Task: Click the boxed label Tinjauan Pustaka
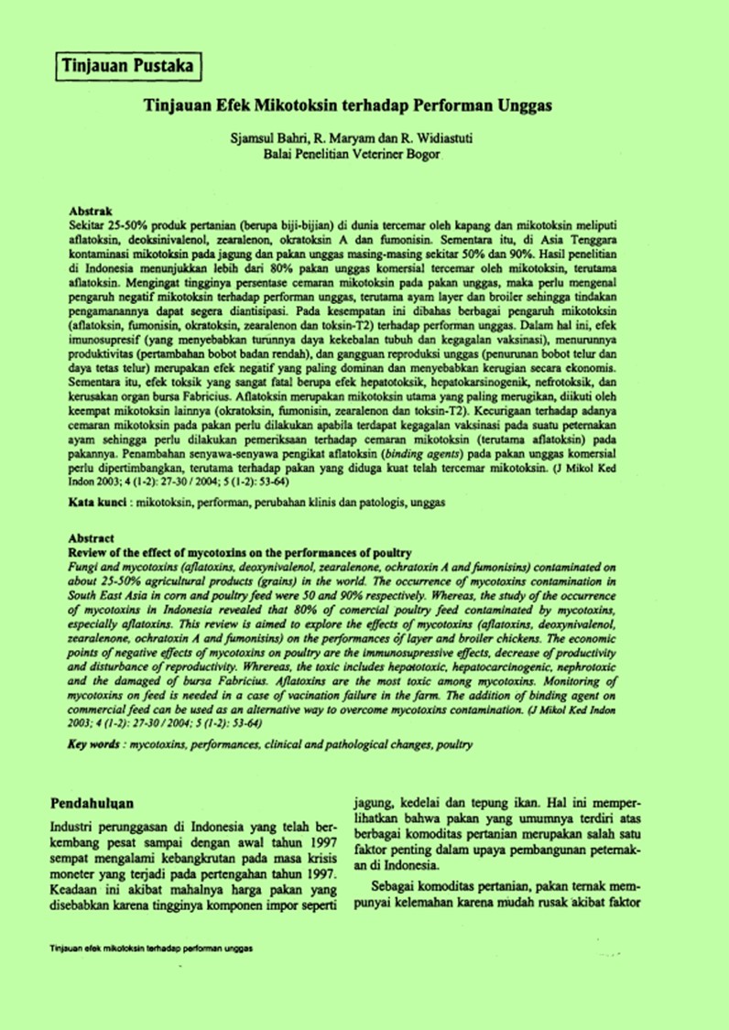pos(127,66)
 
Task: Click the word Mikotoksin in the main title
pos(298,105)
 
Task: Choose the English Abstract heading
pos(92,539)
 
